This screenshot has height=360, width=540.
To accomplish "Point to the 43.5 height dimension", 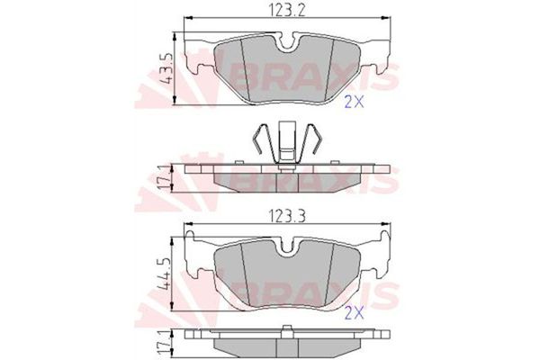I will point(164,68).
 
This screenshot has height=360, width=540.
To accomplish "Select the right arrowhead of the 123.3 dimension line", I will point(387,225).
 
